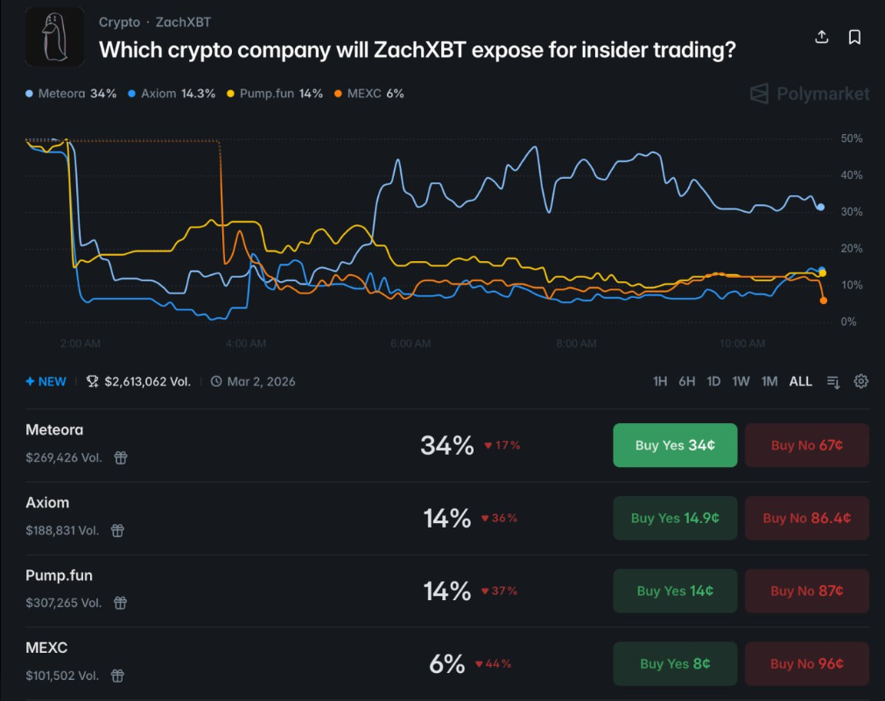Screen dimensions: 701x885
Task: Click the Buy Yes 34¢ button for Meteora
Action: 675,445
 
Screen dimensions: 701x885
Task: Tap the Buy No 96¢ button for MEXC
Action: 807,663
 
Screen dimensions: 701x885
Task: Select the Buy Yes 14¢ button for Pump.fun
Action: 675,591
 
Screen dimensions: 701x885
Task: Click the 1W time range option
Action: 741,381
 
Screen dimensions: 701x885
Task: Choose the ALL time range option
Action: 800,381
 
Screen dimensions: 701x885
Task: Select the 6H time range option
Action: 686,381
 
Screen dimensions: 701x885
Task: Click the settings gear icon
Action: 861,381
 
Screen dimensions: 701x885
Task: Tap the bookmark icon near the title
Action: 854,37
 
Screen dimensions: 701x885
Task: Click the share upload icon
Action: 821,37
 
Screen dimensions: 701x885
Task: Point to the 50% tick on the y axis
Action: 851,138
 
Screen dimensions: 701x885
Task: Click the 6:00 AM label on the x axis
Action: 411,343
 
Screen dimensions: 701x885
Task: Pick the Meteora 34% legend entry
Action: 72,93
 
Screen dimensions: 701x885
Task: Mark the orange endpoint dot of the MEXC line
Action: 823,301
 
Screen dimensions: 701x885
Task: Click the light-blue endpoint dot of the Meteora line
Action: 820,207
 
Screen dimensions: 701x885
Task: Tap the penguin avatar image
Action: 55,37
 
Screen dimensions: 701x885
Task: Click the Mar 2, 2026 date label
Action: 260,381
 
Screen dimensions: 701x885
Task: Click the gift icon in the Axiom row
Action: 116,530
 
